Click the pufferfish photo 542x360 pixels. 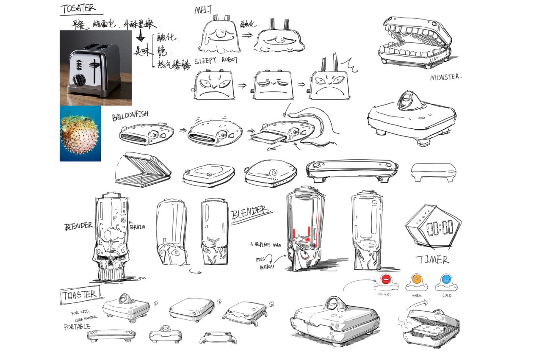(x=80, y=133)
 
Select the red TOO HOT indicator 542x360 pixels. (x=386, y=280)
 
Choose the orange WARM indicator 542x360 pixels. (x=417, y=279)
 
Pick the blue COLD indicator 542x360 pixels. (x=446, y=279)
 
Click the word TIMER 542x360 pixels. (x=432, y=260)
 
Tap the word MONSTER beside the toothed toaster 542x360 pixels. (x=445, y=78)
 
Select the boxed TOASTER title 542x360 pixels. (x=79, y=295)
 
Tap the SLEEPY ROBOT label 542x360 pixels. (x=216, y=61)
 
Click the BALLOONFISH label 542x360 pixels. (x=130, y=117)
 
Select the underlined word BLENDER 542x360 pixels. (x=250, y=212)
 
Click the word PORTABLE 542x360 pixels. (x=77, y=327)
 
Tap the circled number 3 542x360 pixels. (x=271, y=303)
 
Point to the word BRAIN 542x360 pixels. (x=138, y=227)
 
